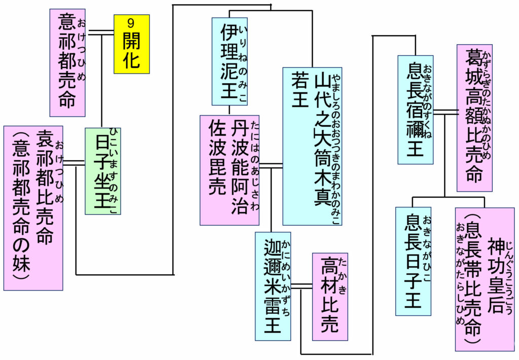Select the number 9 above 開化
(x=131, y=22)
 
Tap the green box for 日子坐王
(x=103, y=171)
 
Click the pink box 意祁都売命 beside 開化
(x=67, y=62)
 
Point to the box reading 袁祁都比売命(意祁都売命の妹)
(x=33, y=208)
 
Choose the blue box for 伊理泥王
(x=229, y=61)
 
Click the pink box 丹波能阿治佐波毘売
(x=229, y=170)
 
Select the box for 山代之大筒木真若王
(x=312, y=146)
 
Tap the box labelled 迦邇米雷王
(x=273, y=286)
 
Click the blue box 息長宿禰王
(x=415, y=110)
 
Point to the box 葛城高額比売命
(x=474, y=118)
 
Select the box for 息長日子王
(x=413, y=261)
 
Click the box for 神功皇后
(x=485, y=279)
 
